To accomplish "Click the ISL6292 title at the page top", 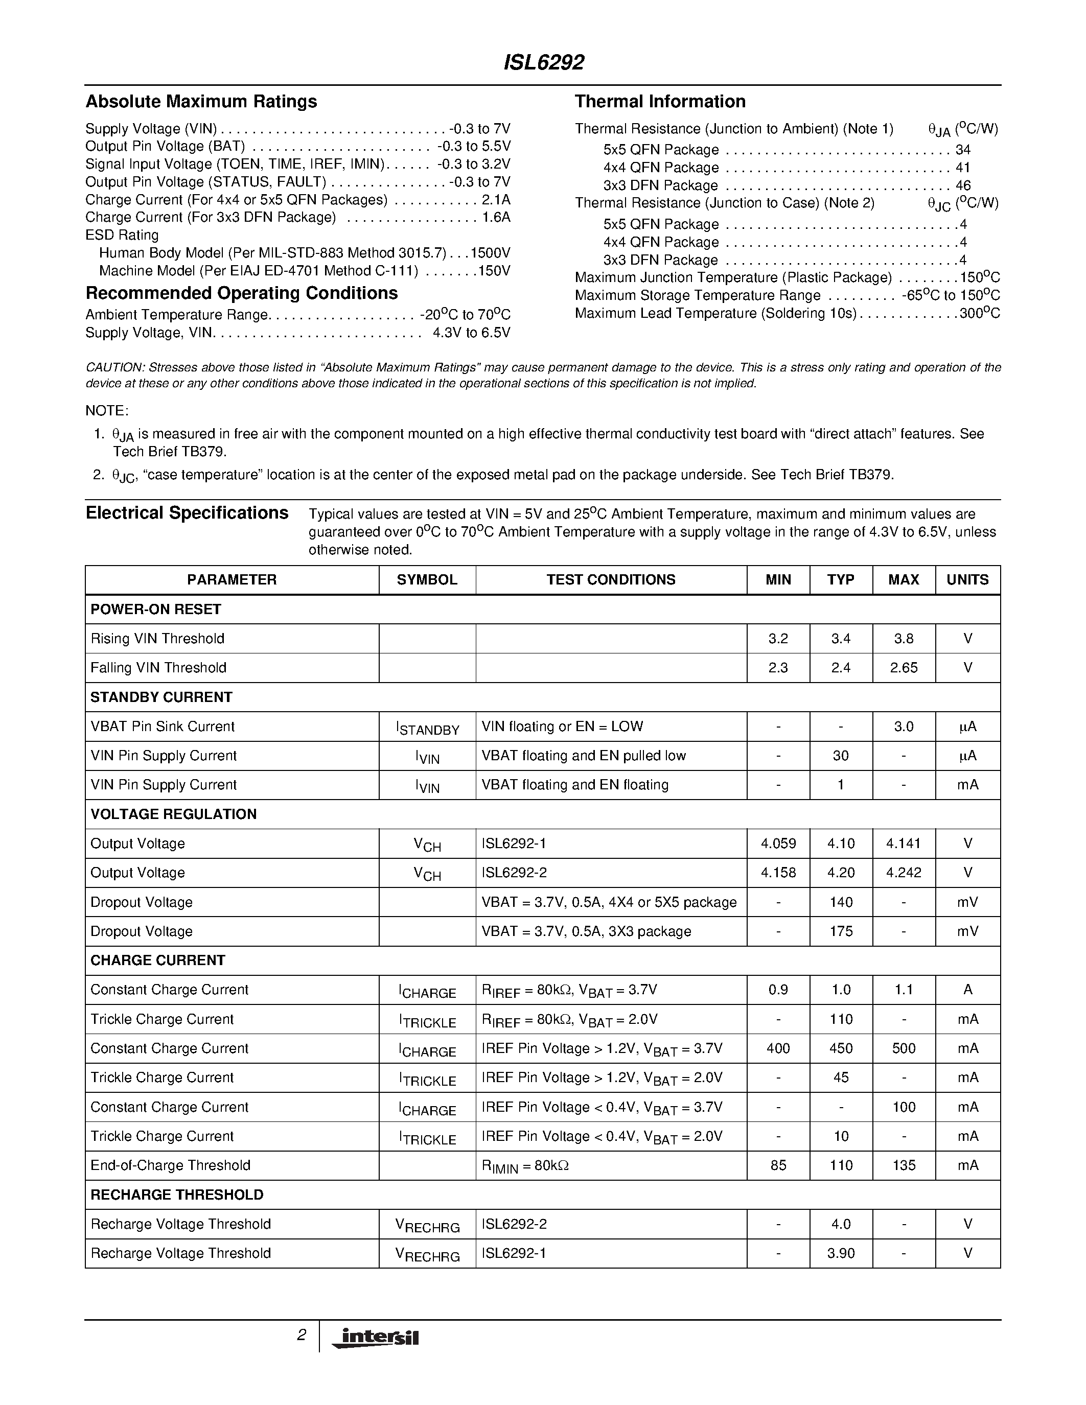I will [x=543, y=63].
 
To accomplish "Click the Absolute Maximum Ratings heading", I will [x=201, y=102].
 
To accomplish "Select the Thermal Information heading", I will [x=660, y=102].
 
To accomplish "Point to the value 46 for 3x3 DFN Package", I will [x=962, y=186].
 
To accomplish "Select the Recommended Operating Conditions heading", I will [x=241, y=293].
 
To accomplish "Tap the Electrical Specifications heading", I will [x=187, y=513].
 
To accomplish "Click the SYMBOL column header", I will [x=427, y=580].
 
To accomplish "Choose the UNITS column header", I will [x=967, y=580].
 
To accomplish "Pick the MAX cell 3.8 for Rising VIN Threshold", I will [x=903, y=639].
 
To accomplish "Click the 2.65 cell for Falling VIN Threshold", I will [x=903, y=668].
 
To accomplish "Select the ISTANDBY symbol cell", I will [x=427, y=728].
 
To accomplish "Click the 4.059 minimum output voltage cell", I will [x=778, y=844].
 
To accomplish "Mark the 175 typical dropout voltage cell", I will [x=840, y=931].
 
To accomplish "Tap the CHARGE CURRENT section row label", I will [x=157, y=961].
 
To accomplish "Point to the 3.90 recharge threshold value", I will [x=840, y=1253].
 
